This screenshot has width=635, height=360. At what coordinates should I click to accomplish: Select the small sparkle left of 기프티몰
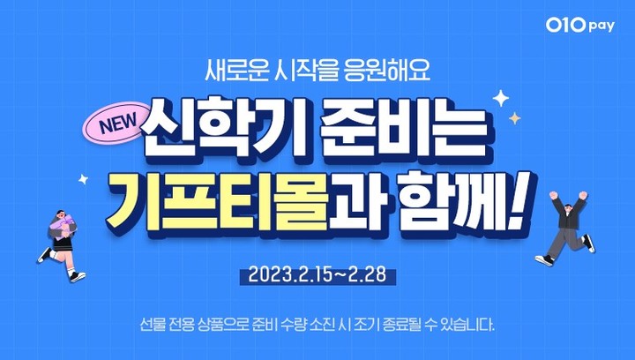coord(84,179)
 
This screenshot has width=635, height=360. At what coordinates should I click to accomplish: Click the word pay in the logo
coord(604,27)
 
